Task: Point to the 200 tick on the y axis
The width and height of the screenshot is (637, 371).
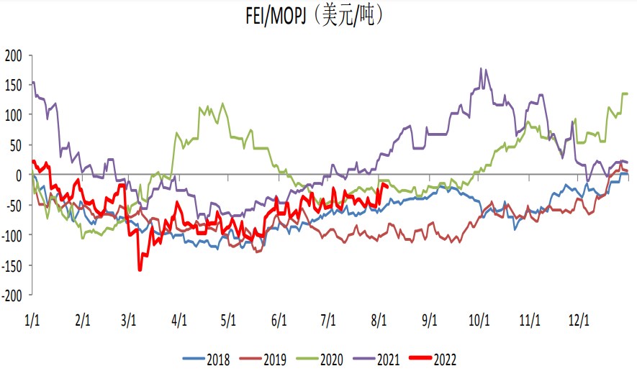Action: [14, 55]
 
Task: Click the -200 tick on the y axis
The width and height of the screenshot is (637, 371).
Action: [13, 295]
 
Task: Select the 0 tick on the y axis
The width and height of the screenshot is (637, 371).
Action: [20, 175]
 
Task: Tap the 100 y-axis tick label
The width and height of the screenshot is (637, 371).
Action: [14, 115]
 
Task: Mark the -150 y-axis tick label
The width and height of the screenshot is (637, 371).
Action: [13, 265]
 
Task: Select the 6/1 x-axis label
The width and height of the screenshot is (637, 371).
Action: [279, 321]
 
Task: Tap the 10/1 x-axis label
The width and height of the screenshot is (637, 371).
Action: [480, 321]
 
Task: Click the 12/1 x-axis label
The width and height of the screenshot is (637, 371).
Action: [580, 321]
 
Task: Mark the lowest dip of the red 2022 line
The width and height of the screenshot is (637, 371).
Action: [140, 270]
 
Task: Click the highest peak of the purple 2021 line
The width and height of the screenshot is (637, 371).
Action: [481, 69]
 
